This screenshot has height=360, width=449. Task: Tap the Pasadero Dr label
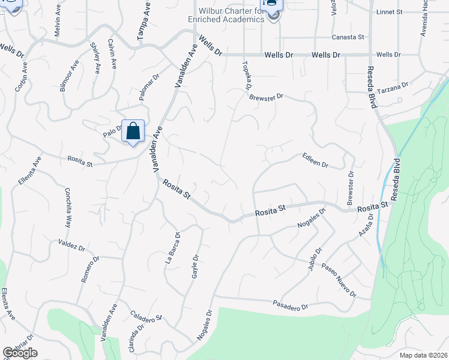tap(289, 305)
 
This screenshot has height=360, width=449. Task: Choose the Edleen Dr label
tap(316, 161)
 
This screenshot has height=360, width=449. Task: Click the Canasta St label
tap(348, 37)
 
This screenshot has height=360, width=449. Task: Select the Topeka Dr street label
tap(246, 76)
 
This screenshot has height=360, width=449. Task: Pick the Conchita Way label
tap(67, 207)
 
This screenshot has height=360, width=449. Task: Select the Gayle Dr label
tap(195, 266)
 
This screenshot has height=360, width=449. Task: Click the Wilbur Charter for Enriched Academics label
tap(226, 15)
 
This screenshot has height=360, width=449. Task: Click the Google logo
tap(20, 353)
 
